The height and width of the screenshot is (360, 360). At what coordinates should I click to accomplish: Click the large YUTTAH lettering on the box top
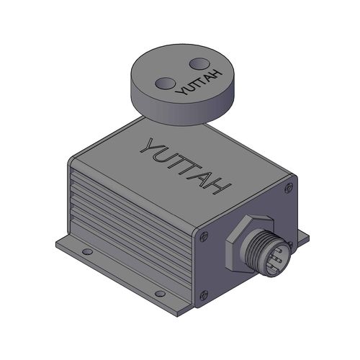tap(186, 165)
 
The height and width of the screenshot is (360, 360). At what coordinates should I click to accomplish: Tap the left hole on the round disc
tap(163, 84)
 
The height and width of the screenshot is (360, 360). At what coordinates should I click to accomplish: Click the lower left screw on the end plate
tap(204, 293)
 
